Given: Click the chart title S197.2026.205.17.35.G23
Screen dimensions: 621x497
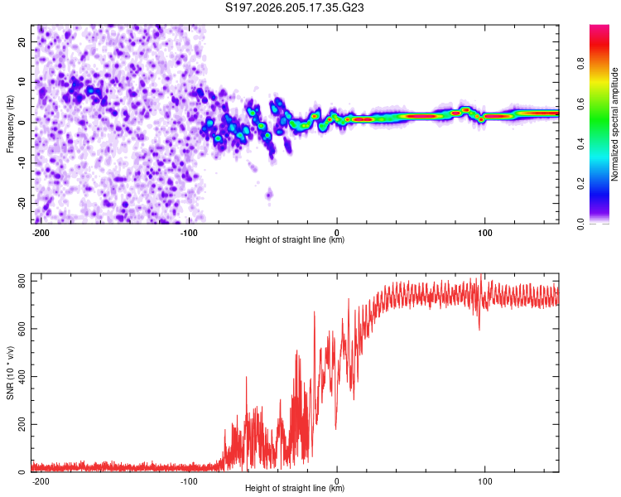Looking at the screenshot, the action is pyautogui.click(x=294, y=7).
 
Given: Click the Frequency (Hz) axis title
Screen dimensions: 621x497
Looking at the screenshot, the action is pyautogui.click(x=10, y=124).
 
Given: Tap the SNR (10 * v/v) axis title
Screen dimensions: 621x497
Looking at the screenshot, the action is pyautogui.click(x=10, y=373).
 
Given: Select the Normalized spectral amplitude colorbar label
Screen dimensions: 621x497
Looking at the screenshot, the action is pyautogui.click(x=614, y=124).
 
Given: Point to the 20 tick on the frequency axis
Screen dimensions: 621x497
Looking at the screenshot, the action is pyautogui.click(x=22, y=41).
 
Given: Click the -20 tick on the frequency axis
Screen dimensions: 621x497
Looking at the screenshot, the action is pyautogui.click(x=22, y=203).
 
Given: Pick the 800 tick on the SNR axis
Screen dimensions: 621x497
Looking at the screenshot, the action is pyautogui.click(x=22, y=281).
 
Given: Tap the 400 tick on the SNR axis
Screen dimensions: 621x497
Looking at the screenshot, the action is pyautogui.click(x=22, y=377).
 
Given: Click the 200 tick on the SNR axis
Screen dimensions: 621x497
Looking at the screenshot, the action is pyautogui.click(x=22, y=424).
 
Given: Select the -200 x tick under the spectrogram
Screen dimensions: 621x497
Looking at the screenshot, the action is pyautogui.click(x=41, y=233).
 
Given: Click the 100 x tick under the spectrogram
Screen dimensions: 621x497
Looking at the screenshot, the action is pyautogui.click(x=484, y=233).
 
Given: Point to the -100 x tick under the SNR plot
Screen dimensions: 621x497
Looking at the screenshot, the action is pyautogui.click(x=189, y=481).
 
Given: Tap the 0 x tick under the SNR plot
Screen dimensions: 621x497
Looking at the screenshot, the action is pyautogui.click(x=337, y=481).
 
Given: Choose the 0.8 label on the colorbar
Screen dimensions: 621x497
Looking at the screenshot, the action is pyautogui.click(x=580, y=64).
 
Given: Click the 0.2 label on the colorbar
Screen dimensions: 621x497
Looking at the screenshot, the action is pyautogui.click(x=580, y=184).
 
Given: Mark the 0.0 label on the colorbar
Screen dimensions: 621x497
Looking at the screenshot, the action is pyautogui.click(x=580, y=224).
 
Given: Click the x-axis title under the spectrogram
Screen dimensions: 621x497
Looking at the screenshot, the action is pyautogui.click(x=295, y=239).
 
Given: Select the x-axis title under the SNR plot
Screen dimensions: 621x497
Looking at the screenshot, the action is pyautogui.click(x=295, y=488).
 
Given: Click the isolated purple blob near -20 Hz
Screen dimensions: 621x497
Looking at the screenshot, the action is pyautogui.click(x=269, y=195).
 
